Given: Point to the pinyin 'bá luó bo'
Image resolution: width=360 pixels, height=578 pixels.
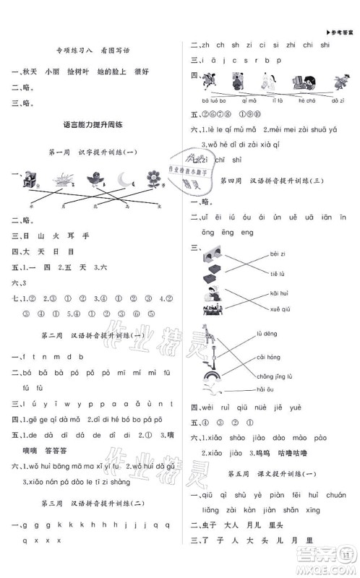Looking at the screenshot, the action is coord(214,100).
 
